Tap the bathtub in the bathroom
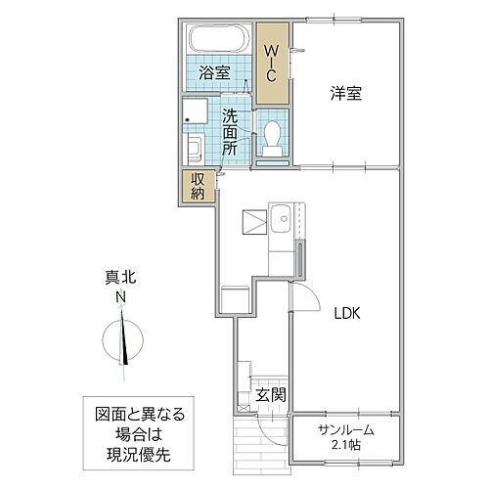click(219, 40)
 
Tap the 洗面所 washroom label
click(231, 132)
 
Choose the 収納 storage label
click(198, 186)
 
